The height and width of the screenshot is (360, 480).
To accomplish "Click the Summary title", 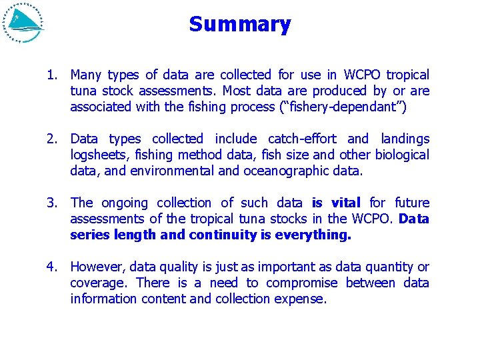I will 240,25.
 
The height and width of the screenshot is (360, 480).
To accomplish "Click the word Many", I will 86,75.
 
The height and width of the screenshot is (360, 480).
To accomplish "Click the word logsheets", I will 95,155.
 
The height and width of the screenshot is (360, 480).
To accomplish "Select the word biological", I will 401,155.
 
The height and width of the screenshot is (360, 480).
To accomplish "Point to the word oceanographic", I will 291,171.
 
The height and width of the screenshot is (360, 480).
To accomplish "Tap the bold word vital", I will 345,203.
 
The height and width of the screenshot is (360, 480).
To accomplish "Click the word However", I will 95,267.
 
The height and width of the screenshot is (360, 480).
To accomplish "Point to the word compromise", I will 302,283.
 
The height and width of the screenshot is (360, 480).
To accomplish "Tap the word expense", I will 303,299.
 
